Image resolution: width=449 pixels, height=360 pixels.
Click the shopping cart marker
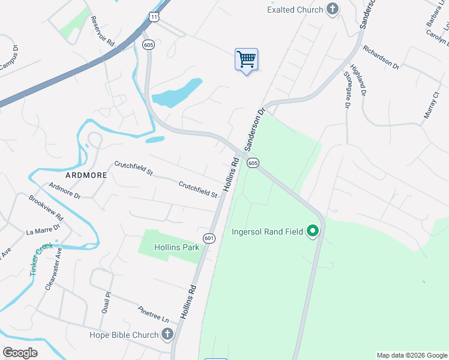[x=246, y=60]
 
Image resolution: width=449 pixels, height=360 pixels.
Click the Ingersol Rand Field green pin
[x=312, y=231]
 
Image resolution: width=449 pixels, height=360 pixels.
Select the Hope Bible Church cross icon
[x=167, y=335]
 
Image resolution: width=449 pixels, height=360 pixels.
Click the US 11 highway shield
[x=155, y=17]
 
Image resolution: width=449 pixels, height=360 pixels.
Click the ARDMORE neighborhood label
[x=86, y=175]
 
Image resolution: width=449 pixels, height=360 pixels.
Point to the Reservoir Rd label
[x=102, y=32]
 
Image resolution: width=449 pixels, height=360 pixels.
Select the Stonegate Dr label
[x=347, y=89]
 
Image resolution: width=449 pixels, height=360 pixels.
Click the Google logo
[x=20, y=353]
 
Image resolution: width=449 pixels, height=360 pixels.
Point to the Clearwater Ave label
[x=53, y=269]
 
